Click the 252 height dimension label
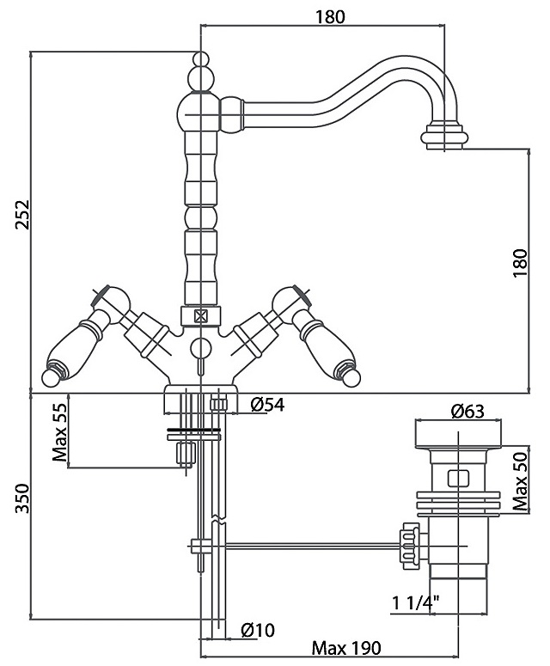tap(23, 215)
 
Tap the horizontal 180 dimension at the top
tap(324, 16)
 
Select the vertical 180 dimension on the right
tap(519, 263)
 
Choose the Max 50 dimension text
tap(521, 480)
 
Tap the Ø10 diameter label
tap(257, 631)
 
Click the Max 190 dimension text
tap(346, 648)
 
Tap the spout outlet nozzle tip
tap(445, 137)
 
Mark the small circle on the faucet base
tap(200, 347)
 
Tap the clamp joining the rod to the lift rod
tap(199, 545)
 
